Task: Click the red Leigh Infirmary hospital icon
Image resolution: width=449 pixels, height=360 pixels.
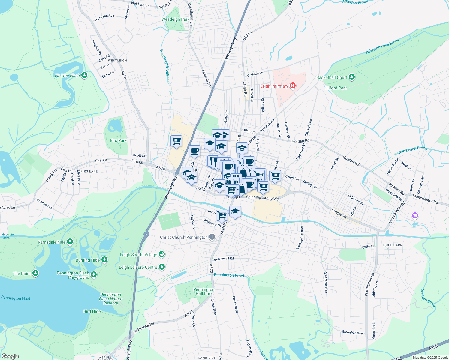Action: coord(292,86)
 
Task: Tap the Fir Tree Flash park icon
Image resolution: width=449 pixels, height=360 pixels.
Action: coord(84,75)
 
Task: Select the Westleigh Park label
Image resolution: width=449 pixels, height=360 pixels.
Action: coord(175,19)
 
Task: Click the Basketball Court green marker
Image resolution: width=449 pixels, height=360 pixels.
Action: coord(352,77)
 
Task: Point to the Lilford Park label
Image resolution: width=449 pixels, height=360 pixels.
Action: coord(336,88)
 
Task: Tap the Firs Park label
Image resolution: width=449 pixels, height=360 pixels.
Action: coord(118,140)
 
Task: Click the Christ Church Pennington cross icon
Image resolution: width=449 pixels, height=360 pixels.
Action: coord(212,237)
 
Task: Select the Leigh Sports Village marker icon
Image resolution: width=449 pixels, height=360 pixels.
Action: coord(162,254)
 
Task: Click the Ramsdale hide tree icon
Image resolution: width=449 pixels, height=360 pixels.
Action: coord(70,242)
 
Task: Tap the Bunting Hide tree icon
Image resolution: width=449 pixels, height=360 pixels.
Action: coord(104,260)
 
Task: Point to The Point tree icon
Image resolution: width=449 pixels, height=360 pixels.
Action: coord(35,273)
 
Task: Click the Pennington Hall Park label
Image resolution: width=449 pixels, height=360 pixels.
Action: coord(204,292)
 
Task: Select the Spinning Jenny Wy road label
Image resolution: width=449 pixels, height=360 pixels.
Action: coord(262,198)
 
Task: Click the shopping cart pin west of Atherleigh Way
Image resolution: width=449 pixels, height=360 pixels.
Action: coord(176,140)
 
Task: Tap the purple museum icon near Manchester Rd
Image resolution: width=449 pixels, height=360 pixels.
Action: coord(415,215)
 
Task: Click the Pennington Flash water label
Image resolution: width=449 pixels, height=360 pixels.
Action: coord(16,298)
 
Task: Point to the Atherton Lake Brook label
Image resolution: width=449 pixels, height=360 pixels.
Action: coord(382,46)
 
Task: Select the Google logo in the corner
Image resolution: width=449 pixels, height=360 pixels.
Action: coord(10,356)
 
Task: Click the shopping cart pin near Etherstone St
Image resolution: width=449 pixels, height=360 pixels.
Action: coord(222,214)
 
